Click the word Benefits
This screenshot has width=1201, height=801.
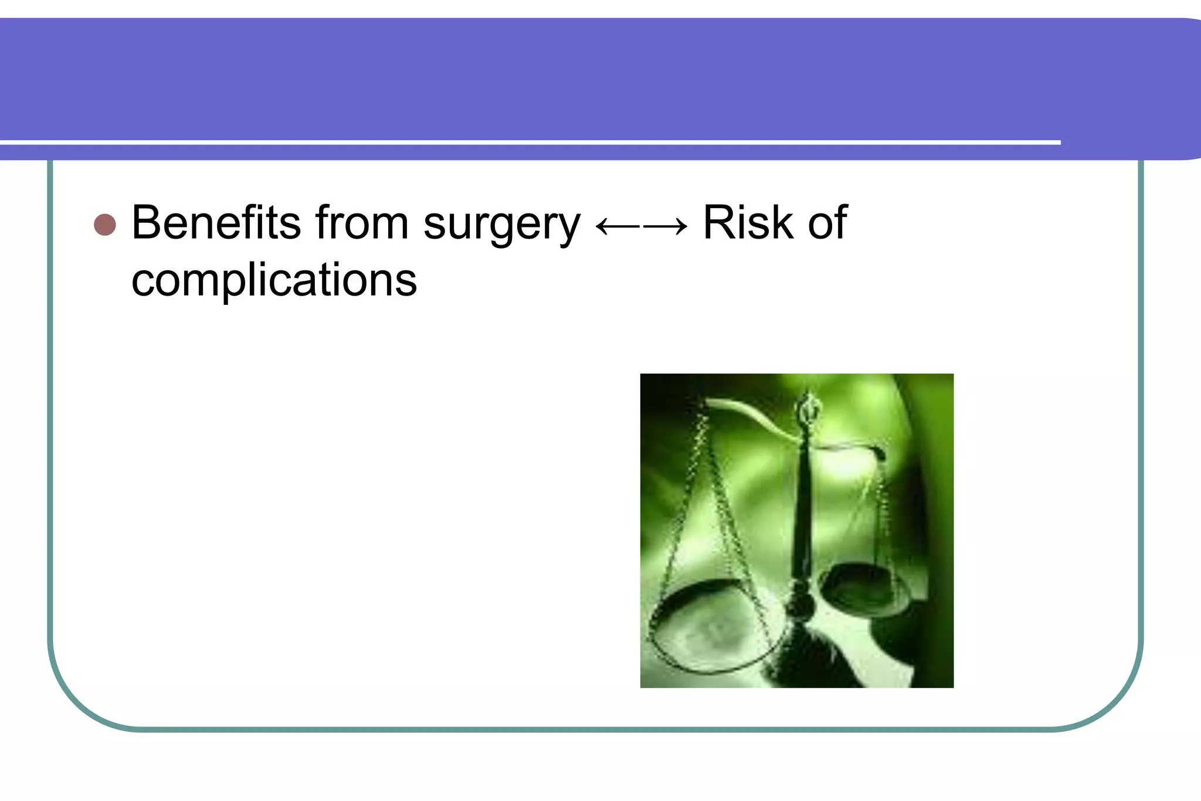[216, 223]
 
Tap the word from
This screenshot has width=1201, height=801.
[362, 223]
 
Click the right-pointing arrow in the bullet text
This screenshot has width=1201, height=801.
[666, 226]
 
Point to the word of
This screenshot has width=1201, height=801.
[827, 223]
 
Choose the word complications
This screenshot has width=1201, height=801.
[274, 280]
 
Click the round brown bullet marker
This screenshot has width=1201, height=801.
[105, 225]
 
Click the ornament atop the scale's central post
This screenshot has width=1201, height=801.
[808, 408]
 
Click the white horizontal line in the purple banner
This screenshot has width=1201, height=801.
[528, 142]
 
